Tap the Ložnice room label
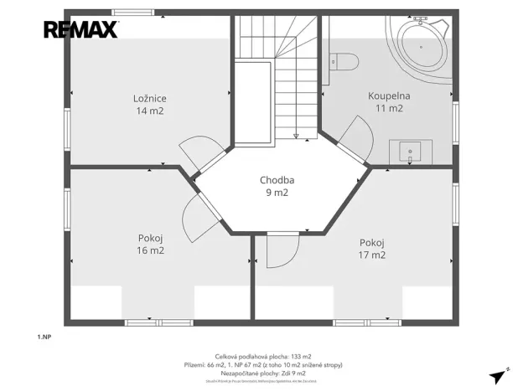click(149, 98)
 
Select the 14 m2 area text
click(149, 111)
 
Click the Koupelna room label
click(389, 95)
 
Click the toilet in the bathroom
click(343, 60)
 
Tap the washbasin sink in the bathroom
click(409, 152)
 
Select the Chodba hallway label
click(277, 179)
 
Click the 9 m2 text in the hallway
click(277, 192)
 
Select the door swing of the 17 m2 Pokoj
click(282, 250)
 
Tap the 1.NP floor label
click(44, 336)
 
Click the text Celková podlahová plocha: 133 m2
click(261, 357)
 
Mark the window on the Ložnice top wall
click(134, 12)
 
